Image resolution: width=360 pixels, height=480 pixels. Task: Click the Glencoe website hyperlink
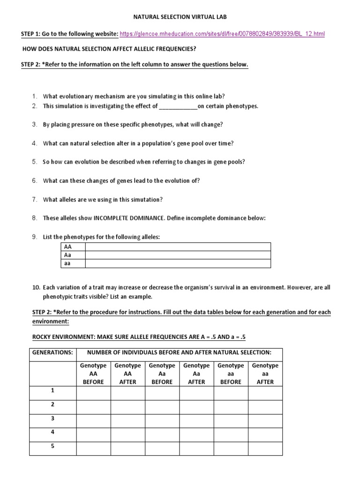pyautogui.click(x=222, y=34)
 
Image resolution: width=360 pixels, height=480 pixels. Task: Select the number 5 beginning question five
pyautogui.click(x=35, y=162)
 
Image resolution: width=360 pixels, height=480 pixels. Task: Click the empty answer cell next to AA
pyautogui.click(x=177, y=247)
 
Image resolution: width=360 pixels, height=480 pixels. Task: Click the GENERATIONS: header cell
pyautogui.click(x=52, y=352)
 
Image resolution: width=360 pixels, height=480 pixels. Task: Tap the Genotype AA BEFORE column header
pyautogui.click(x=93, y=374)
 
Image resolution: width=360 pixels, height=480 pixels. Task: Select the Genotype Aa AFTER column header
pyautogui.click(x=196, y=374)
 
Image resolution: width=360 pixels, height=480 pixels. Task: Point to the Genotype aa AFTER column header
pyautogui.click(x=265, y=374)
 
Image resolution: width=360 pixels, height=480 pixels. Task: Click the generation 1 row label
pyautogui.click(x=52, y=390)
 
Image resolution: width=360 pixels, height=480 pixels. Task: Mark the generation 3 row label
pyautogui.click(x=52, y=418)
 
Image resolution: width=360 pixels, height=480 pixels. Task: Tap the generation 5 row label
pyautogui.click(x=52, y=446)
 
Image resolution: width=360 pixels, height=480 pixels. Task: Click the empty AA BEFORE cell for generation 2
pyautogui.click(x=93, y=405)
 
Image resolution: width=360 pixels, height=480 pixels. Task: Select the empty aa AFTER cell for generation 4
pyautogui.click(x=265, y=432)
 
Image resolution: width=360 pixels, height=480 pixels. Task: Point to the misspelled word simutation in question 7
pyautogui.click(x=147, y=199)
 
